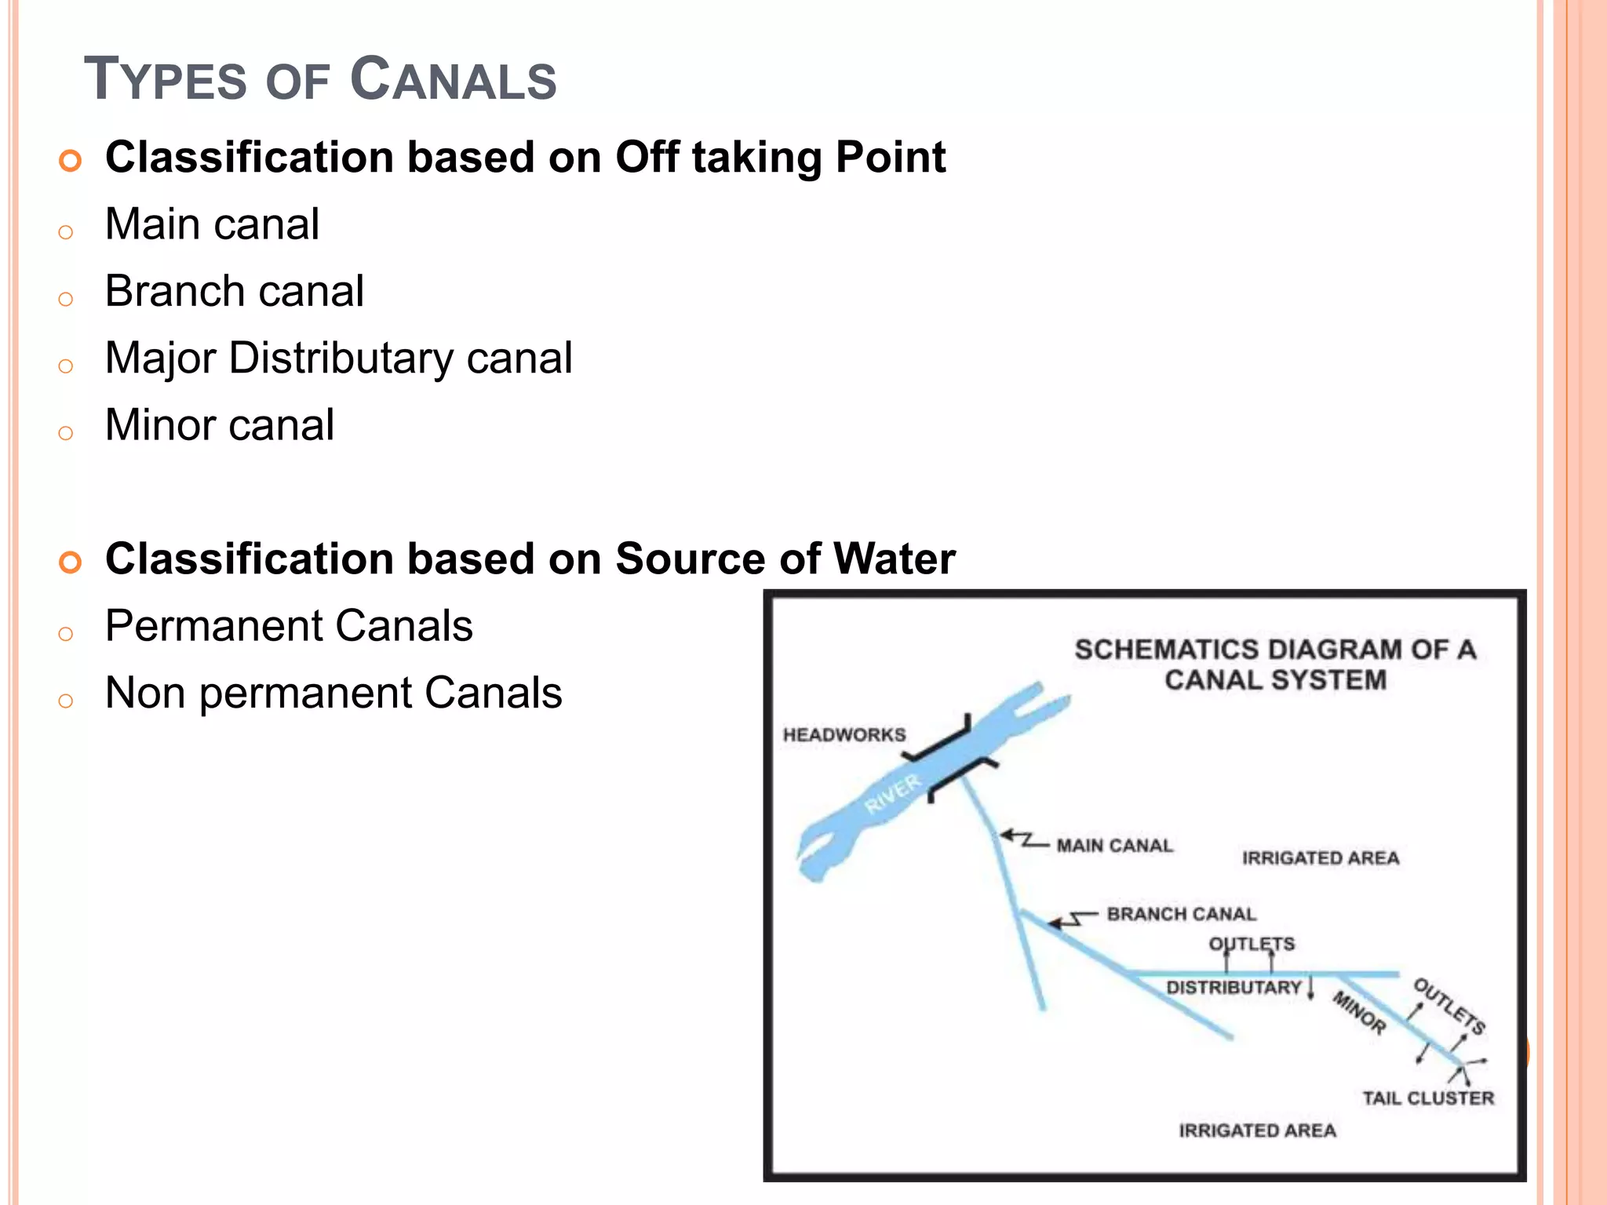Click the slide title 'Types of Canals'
pos(320,79)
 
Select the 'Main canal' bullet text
pos(212,224)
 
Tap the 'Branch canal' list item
pos(234,291)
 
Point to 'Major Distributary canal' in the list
pos(338,359)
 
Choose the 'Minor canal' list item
pos(220,425)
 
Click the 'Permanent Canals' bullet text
pos(289,626)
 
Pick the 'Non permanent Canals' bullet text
pos(333,694)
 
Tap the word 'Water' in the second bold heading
pos(895,559)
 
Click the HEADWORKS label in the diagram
pos(844,735)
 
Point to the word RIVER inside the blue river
pos(892,795)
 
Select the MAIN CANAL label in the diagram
pos(1114,846)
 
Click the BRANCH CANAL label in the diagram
pos(1181,914)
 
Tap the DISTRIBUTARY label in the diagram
pos(1233,988)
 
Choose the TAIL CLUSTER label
pos(1428,1098)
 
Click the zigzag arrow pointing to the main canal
pos(1022,839)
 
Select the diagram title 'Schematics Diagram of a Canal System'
pos(1275,664)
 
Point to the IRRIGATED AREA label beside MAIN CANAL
pos(1321,858)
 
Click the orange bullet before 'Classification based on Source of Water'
pos(70,562)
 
